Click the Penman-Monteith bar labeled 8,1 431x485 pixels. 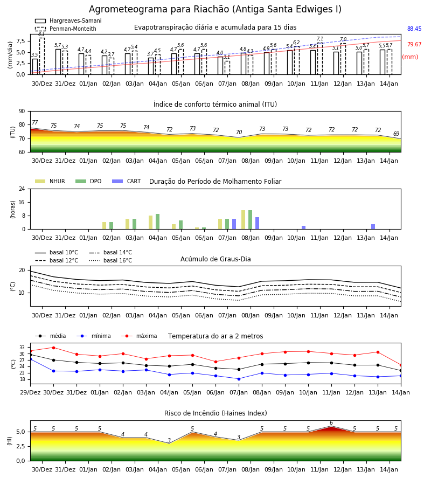tap(41, 56)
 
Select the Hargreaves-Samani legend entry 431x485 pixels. tap(68, 20)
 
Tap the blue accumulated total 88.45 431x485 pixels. tap(414, 29)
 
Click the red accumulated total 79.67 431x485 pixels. tap(414, 44)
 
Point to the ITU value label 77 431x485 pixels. tap(35, 122)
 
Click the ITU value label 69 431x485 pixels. tap(396, 134)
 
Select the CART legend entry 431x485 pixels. tap(127, 181)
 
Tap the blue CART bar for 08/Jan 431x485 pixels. tap(257, 223)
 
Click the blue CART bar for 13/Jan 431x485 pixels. tap(373, 227)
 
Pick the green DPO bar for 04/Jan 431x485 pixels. tap(158, 221)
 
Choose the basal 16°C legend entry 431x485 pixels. tap(110, 260)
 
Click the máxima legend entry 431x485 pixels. tap(139, 336)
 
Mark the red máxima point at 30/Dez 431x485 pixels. tap(53, 348)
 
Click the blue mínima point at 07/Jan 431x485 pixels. tap(239, 379)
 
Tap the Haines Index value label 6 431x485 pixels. tap(331, 423)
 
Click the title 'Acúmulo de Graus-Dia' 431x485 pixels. tap(215, 259)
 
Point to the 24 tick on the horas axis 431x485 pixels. tap(22, 189)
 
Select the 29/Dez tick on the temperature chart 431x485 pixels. tap(30, 392)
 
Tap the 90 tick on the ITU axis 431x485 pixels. tap(22, 112)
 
